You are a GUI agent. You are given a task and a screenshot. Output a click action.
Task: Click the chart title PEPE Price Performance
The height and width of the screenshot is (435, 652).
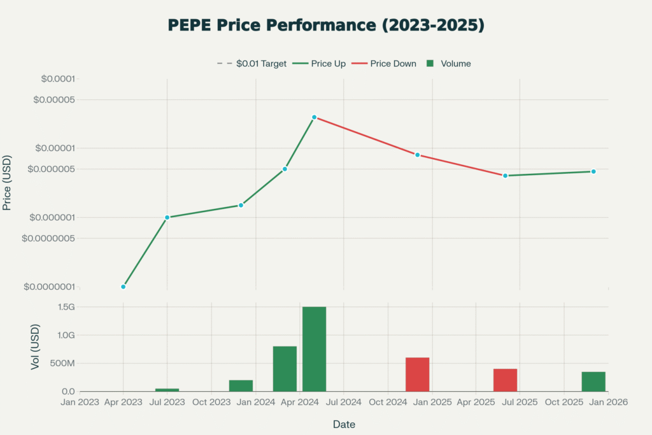[x=326, y=25]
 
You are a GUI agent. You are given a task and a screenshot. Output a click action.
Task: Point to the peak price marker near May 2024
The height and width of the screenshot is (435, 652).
[x=314, y=117]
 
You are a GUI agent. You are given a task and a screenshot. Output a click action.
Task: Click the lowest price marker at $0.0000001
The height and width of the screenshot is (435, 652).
[x=124, y=287]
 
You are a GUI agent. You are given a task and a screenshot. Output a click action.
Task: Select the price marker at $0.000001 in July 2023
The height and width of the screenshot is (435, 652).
[x=167, y=217]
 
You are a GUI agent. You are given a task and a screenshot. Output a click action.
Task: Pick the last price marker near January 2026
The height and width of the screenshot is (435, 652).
[x=593, y=171]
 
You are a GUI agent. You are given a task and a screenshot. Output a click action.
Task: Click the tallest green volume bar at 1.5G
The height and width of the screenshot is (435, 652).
[x=314, y=349]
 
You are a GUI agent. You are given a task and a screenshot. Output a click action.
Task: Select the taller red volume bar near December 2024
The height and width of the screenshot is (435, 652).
[x=417, y=374]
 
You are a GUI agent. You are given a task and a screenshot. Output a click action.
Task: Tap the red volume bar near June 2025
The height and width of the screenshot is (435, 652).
[x=505, y=380]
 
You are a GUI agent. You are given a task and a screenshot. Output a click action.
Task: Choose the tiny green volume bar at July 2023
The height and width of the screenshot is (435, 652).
[x=167, y=389]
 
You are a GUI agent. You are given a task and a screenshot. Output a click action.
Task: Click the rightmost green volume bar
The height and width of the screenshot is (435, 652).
[x=593, y=382]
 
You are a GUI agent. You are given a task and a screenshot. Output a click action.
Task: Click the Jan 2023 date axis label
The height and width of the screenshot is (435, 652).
[x=80, y=403]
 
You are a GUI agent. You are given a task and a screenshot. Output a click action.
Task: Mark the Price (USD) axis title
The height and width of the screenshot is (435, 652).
[x=8, y=182]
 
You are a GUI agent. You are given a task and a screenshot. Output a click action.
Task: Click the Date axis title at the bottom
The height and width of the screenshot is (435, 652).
[x=344, y=424]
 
